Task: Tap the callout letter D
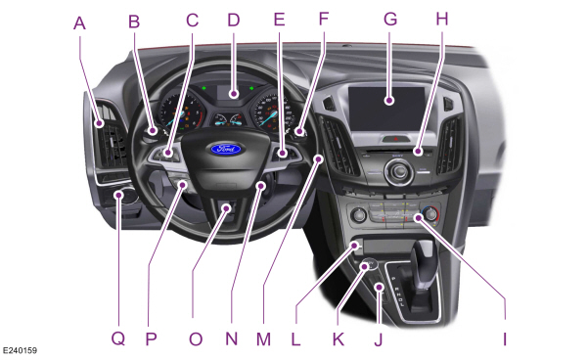[x=233, y=19]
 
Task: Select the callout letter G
[x=390, y=19]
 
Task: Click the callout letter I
[x=506, y=338]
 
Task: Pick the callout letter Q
[x=118, y=338]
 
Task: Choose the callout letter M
[x=261, y=338]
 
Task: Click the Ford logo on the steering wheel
[x=223, y=151]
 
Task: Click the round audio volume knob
[x=396, y=174]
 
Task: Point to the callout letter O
[x=196, y=338]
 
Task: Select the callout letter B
[x=135, y=19]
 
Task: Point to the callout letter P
[x=152, y=338]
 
